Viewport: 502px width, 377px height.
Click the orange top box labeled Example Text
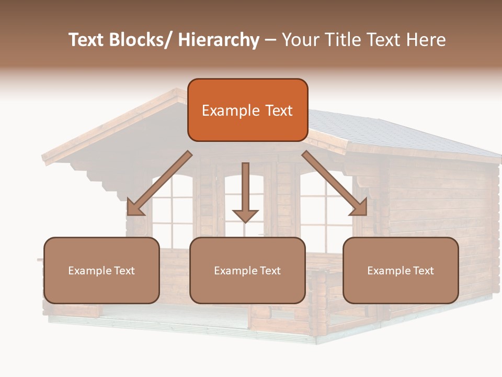247,110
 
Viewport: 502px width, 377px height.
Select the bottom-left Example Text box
101,270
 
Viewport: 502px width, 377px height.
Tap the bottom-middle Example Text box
247,270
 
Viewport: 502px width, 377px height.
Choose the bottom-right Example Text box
401,270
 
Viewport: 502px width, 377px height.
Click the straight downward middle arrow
245,191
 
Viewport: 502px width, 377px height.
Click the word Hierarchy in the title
218,40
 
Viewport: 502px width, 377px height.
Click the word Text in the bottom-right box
423,270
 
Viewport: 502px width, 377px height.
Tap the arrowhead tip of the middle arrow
245,221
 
